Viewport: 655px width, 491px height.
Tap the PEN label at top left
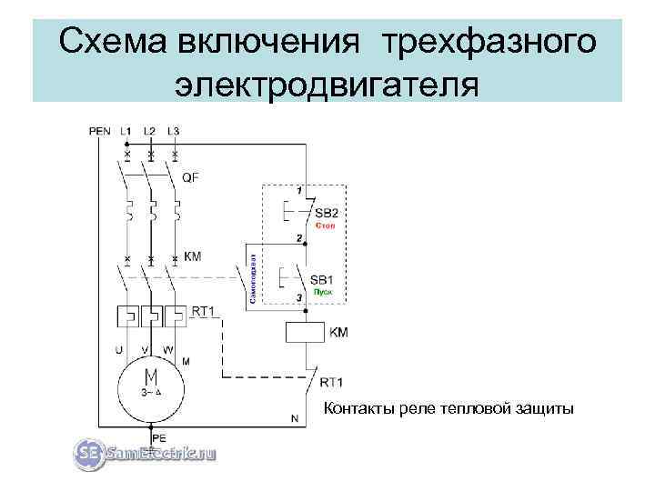100,131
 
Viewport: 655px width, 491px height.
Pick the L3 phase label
174,131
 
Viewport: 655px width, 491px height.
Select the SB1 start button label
322,280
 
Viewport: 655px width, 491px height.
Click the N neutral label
294,419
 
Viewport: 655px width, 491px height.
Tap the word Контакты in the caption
358,409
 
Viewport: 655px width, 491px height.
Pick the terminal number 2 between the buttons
298,238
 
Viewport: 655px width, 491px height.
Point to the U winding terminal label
118,347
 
